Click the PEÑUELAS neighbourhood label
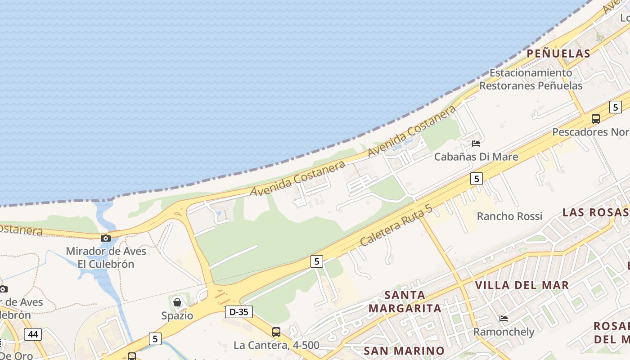pos(558,54)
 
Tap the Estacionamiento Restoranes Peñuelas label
pos(531,79)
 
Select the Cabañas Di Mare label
pos(476,157)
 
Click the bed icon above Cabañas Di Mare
pos(476,144)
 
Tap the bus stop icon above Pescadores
pos(596,119)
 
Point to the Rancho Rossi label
pos(509,216)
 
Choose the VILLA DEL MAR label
pos(522,285)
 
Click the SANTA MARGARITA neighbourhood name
pos(405,302)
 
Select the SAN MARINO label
pos(404,351)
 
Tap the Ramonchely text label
pos(504,332)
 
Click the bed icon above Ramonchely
pos(504,319)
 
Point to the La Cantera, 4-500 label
pos(276,346)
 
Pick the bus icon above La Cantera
pos(276,332)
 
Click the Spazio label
pos(177,315)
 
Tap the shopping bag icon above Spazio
pos(177,302)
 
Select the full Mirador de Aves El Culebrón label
pos(106,257)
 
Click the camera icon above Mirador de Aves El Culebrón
pos(106,238)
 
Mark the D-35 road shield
pos(238,312)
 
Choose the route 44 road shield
pos(32,334)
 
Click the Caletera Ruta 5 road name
pos(396,225)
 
